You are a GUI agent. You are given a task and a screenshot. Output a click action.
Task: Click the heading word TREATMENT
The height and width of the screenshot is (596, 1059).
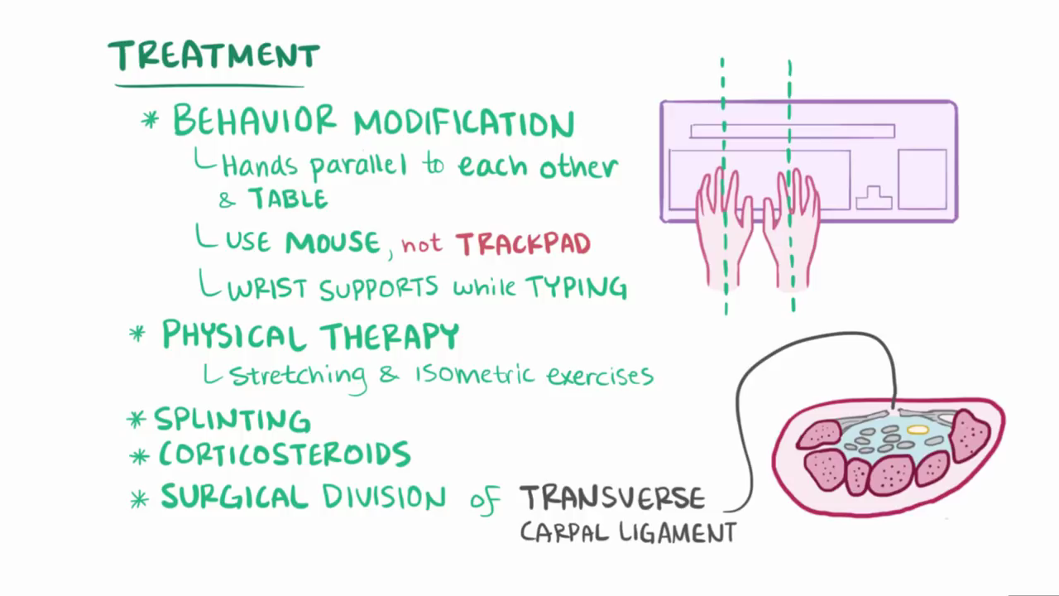(213, 56)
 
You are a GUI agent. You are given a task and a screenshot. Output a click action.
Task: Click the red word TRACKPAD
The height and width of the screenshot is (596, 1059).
(523, 244)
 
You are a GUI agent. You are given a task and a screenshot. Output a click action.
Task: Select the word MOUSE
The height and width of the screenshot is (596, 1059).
(333, 243)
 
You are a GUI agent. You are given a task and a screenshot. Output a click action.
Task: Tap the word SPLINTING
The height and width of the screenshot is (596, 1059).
(232, 420)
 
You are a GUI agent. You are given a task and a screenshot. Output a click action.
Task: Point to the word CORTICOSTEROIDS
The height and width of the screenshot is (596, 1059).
(284, 454)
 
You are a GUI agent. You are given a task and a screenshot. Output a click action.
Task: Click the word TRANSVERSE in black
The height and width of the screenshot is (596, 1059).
(612, 498)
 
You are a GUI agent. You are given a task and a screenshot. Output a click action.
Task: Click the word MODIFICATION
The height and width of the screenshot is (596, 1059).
(464, 124)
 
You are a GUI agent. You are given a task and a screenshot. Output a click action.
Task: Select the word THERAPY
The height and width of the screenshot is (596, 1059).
(390, 336)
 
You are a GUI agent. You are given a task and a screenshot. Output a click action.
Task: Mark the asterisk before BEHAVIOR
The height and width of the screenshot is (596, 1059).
(151, 120)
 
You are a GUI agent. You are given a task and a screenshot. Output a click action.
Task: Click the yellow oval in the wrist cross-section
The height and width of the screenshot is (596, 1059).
(918, 430)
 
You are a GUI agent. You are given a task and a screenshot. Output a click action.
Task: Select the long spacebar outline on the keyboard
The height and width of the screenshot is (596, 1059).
(792, 131)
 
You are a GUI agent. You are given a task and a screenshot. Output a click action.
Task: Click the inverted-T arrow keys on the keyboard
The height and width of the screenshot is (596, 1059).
(874, 198)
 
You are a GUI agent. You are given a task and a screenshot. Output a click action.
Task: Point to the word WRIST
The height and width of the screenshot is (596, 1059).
(266, 289)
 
